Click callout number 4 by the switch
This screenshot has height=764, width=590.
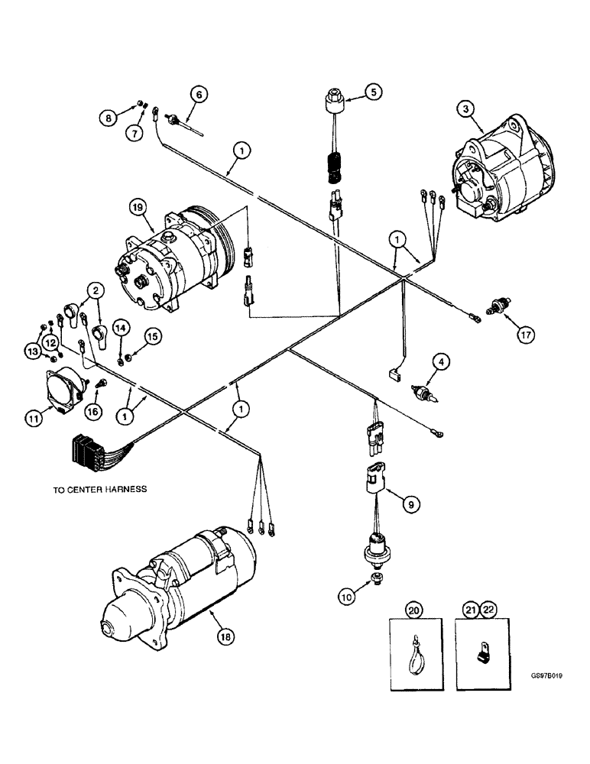pyautogui.click(x=439, y=359)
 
